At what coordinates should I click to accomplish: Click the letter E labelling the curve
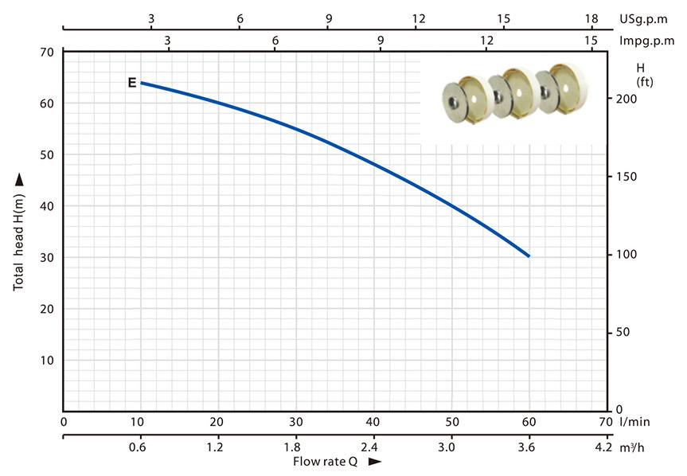(x=132, y=82)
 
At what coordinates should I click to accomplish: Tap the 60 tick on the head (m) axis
(x=47, y=103)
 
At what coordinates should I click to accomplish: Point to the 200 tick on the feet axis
(x=626, y=99)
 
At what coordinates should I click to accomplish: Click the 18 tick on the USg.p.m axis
(x=591, y=18)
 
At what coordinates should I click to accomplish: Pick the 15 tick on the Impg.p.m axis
(x=591, y=41)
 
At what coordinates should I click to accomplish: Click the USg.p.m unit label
(x=643, y=19)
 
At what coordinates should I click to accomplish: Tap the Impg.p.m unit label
(x=646, y=41)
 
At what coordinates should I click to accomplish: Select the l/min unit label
(x=635, y=422)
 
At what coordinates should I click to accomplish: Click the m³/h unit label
(x=632, y=447)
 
